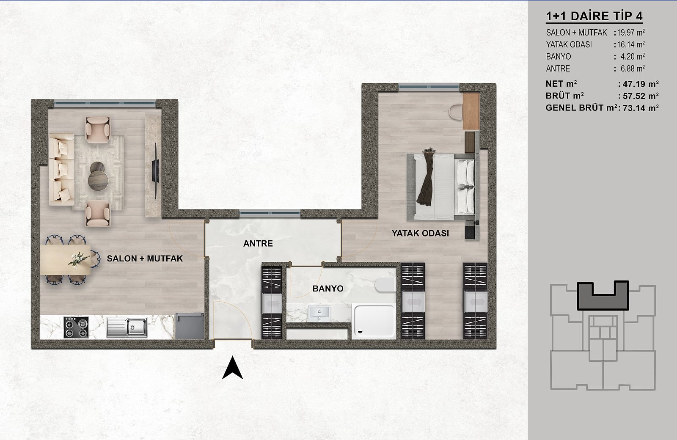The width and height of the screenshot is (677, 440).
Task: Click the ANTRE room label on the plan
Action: [258, 244]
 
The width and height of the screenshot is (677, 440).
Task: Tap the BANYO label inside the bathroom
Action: [328, 289]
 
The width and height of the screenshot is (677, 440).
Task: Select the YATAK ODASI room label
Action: [420, 233]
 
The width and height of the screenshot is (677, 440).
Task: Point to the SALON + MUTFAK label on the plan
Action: [145, 258]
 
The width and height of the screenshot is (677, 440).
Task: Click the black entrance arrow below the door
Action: [232, 368]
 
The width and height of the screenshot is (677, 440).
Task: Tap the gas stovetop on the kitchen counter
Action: [76, 327]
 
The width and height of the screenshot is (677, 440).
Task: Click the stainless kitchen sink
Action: [127, 327]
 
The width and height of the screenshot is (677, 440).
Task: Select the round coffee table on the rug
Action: [98, 180]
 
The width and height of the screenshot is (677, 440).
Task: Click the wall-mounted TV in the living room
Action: [155, 171]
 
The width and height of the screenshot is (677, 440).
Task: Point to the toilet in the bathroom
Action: [385, 285]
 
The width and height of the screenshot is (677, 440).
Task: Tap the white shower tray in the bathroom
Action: [374, 321]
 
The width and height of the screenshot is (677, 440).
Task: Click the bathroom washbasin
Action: [319, 313]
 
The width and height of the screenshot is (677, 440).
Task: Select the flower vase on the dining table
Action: [78, 260]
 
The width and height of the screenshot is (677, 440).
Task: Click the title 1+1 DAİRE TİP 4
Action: [594, 16]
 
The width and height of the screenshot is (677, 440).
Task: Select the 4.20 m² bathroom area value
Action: [633, 57]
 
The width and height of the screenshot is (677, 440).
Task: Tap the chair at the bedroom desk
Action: [456, 112]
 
